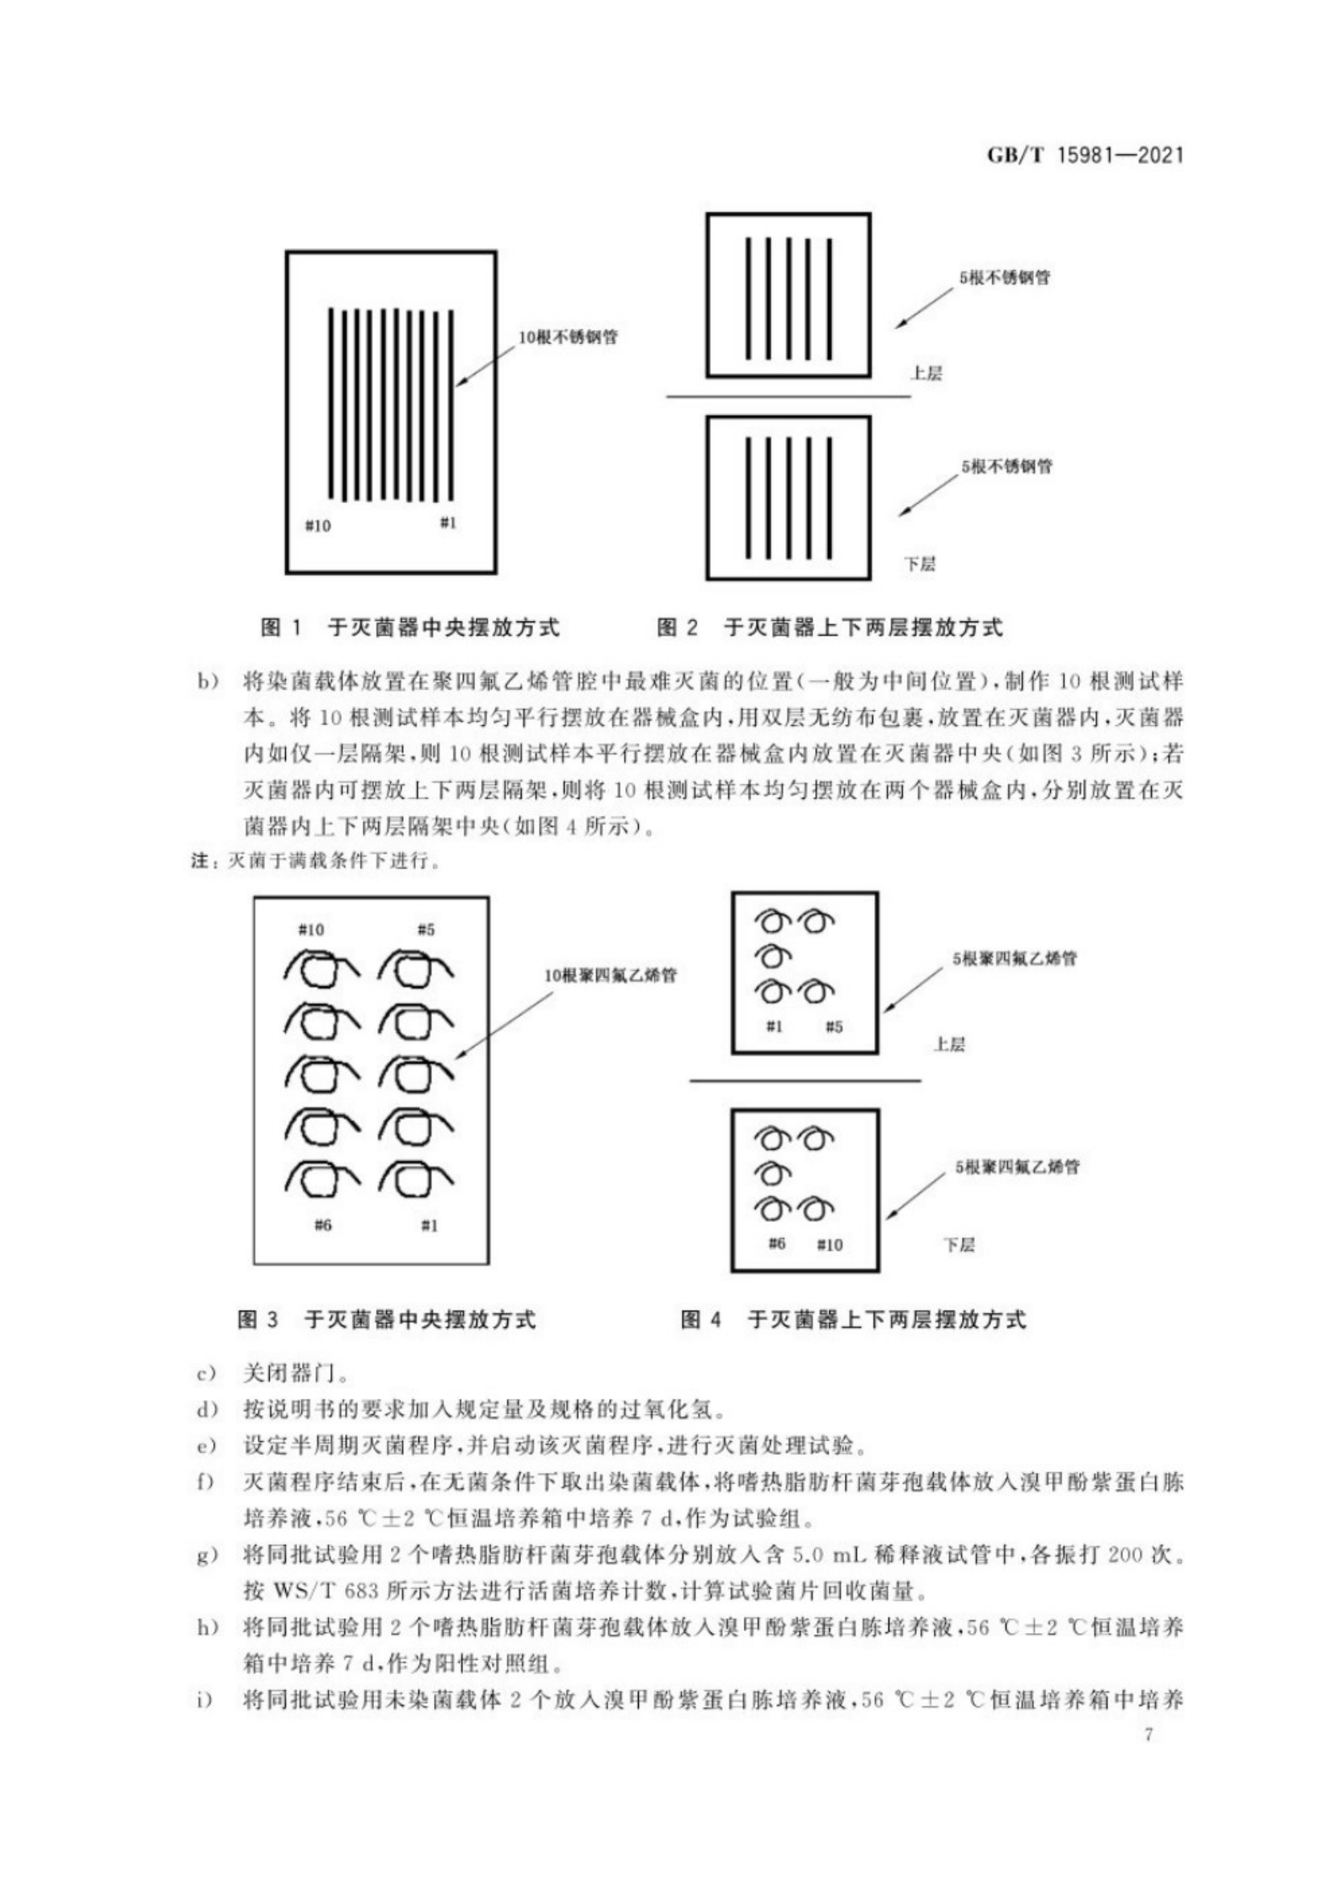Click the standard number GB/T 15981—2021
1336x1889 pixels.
pyautogui.click(x=1085, y=155)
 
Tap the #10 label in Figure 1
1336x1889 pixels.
pyautogui.click(x=317, y=526)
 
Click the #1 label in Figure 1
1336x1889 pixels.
pyautogui.click(x=447, y=523)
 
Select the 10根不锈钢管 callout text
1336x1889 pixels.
pyautogui.click(x=568, y=338)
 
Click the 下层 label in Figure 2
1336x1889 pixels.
pyautogui.click(x=920, y=565)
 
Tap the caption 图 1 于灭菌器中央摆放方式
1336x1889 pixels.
pyautogui.click(x=410, y=628)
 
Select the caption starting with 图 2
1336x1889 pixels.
pyautogui.click(x=830, y=628)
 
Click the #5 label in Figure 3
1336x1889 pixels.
pyautogui.click(x=426, y=930)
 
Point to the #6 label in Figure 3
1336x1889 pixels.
pyautogui.click(x=322, y=1225)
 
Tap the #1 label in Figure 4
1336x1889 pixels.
pyautogui.click(x=774, y=1026)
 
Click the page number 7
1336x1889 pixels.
pyautogui.click(x=1149, y=1735)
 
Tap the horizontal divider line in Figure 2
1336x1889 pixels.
pyautogui.click(x=788, y=397)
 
